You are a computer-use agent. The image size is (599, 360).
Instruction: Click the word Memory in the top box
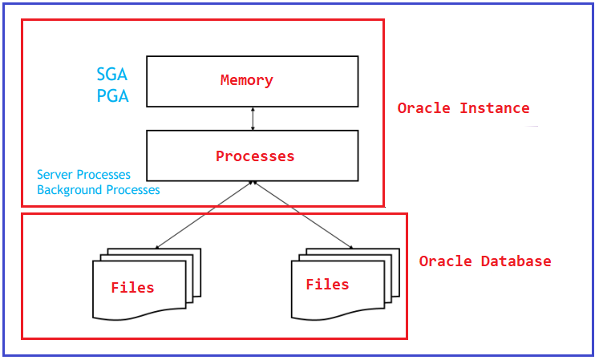tap(247, 80)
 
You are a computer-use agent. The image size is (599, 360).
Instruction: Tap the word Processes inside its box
tap(255, 156)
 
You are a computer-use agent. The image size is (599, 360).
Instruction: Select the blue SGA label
tap(112, 74)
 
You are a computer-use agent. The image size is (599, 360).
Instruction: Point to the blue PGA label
tap(113, 95)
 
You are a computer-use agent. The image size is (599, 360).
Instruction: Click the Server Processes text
tap(83, 175)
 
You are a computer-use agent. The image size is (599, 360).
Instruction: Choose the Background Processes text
tap(98, 190)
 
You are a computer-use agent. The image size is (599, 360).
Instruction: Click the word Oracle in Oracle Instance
tap(423, 108)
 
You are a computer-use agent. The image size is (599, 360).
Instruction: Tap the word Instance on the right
tap(495, 108)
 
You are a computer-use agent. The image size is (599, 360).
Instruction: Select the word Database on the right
tap(516, 261)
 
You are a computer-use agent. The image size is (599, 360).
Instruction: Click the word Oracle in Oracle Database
tap(445, 261)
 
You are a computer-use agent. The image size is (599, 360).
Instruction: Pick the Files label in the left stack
tap(132, 287)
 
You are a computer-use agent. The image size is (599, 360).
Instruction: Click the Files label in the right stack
tap(327, 285)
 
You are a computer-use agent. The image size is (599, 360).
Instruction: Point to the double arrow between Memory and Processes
tap(253, 119)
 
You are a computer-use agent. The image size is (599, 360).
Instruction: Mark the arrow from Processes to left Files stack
tap(204, 215)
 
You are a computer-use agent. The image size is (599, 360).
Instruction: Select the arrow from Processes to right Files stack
tap(303, 215)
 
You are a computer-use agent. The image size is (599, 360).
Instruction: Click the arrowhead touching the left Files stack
tap(156, 248)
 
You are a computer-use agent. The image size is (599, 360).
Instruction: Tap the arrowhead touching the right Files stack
tap(351, 248)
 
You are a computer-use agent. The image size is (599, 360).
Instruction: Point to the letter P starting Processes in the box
tap(220, 156)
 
